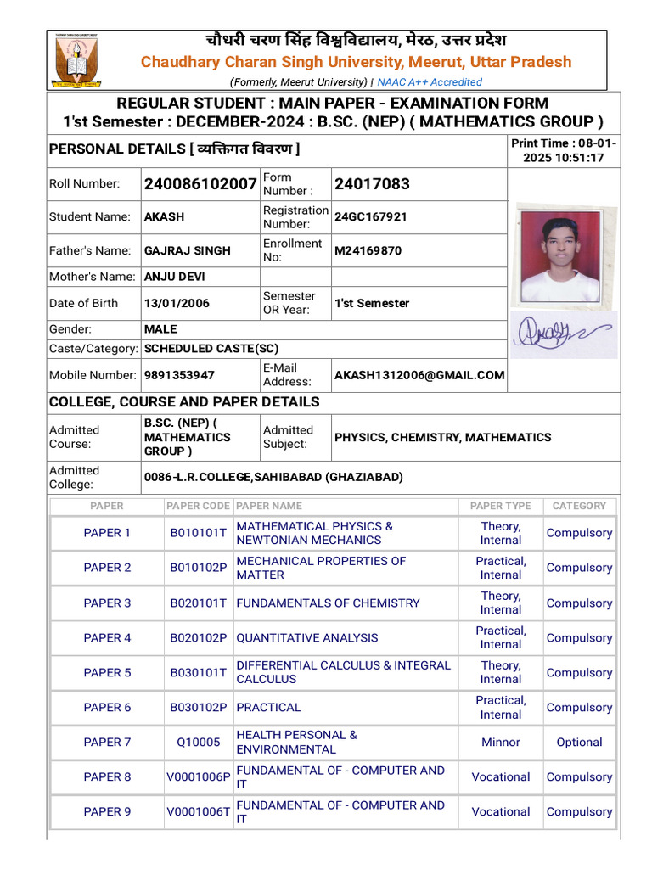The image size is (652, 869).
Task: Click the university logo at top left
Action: pyautogui.click(x=76, y=60)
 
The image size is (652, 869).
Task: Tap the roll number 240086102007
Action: pyautogui.click(x=200, y=184)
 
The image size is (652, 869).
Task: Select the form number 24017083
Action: pyautogui.click(x=372, y=184)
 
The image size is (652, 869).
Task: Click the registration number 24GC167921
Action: pyautogui.click(x=370, y=217)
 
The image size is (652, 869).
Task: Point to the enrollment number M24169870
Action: pyautogui.click(x=368, y=251)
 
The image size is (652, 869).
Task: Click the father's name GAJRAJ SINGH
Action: pyautogui.click(x=187, y=251)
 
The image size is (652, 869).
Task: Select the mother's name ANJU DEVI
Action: pyautogui.click(x=174, y=277)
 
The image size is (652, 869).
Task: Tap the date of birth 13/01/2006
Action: pyautogui.click(x=177, y=303)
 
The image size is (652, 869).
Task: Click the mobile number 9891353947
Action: pyautogui.click(x=179, y=375)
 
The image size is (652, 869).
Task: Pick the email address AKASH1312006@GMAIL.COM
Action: pyautogui.click(x=419, y=375)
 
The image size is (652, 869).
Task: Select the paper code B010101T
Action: pyautogui.click(x=198, y=533)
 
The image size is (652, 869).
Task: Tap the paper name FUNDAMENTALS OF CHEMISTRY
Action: pyautogui.click(x=328, y=603)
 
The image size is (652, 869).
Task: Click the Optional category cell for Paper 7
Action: pyautogui.click(x=579, y=743)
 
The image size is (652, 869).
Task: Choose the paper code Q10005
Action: pyautogui.click(x=198, y=743)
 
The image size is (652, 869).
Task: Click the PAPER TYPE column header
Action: pyautogui.click(x=500, y=506)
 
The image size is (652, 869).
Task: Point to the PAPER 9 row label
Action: pyautogui.click(x=107, y=812)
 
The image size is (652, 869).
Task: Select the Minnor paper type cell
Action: pyautogui.click(x=500, y=743)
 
